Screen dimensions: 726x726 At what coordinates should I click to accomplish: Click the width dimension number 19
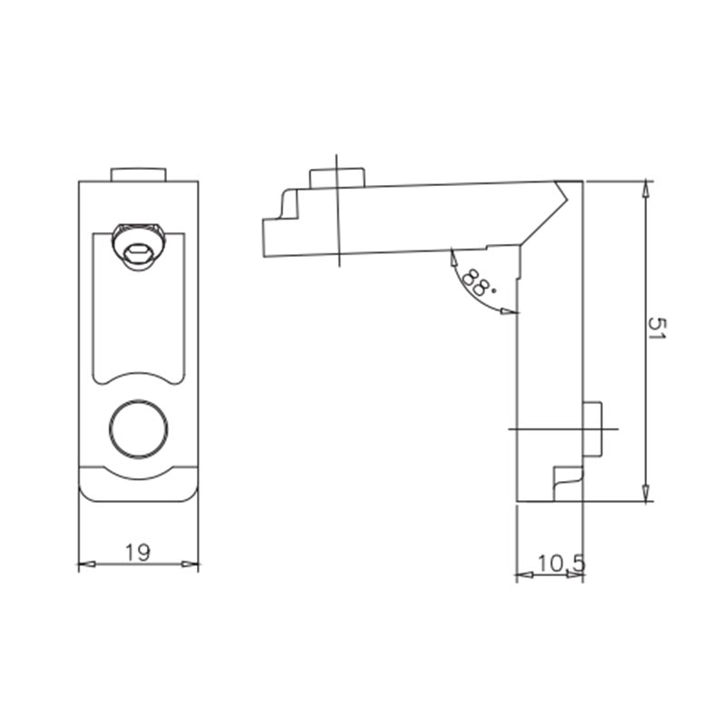[x=138, y=552]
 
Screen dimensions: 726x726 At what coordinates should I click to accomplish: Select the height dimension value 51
[x=656, y=329]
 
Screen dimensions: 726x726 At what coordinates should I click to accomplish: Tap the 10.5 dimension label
[x=559, y=564]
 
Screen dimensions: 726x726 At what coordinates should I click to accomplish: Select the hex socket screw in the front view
[x=138, y=245]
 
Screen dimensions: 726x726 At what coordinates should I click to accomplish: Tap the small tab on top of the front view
[x=138, y=174]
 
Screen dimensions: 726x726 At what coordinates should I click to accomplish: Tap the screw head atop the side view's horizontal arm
[x=337, y=177]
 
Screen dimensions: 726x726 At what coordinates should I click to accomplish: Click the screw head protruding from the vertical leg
[x=594, y=427]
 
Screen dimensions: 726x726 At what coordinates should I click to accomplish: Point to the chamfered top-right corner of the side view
[x=567, y=192]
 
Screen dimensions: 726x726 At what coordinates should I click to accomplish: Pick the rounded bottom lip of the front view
[x=138, y=486]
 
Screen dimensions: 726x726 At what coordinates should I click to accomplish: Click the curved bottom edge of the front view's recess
[x=138, y=374]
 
